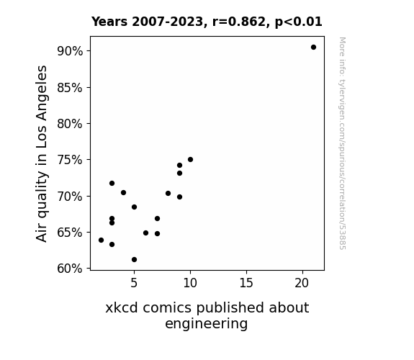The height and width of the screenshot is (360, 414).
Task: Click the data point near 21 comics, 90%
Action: [x=313, y=48]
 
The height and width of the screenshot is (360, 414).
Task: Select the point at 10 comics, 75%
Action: [x=190, y=160]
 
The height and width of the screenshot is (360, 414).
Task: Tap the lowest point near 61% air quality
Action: [x=134, y=260]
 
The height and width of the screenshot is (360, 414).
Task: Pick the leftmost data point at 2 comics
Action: [x=101, y=240]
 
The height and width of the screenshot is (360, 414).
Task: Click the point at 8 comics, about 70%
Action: [x=168, y=194]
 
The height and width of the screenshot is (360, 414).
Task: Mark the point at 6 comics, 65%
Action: [x=145, y=233]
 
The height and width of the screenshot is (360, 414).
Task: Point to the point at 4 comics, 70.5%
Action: [x=123, y=192]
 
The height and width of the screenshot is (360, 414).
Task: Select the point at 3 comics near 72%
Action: [x=112, y=184]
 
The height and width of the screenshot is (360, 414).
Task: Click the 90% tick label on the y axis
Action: [x=70, y=51]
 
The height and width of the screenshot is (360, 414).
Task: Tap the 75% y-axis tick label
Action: [x=70, y=160]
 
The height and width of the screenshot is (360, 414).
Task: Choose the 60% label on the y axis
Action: [x=70, y=269]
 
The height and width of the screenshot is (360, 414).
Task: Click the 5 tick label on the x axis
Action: [x=134, y=283]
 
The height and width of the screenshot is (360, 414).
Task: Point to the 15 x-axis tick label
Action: [x=246, y=283]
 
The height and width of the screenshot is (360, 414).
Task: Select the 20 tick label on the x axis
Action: [x=302, y=283]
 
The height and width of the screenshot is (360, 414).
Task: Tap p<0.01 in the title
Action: [x=299, y=22]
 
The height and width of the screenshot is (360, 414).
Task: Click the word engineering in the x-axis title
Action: [x=207, y=324]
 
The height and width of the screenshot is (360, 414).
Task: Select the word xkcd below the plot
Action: [x=122, y=307]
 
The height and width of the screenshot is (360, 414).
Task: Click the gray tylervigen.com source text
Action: [x=342, y=143]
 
